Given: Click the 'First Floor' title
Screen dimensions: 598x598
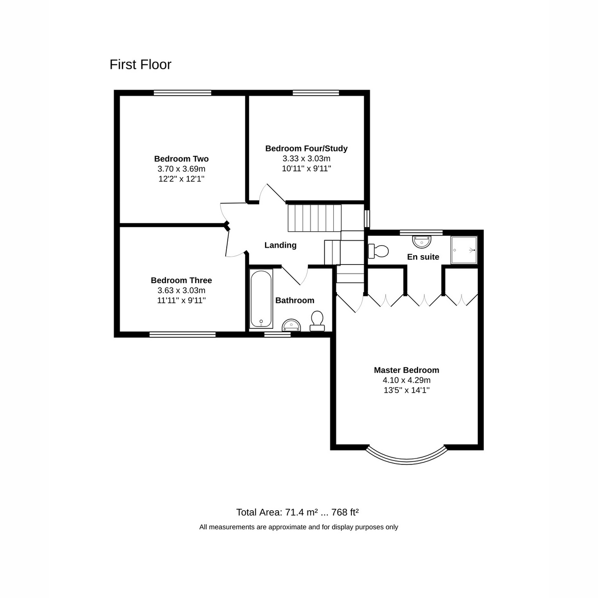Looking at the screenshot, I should point(140,65).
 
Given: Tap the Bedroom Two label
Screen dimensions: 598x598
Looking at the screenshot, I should point(181,159).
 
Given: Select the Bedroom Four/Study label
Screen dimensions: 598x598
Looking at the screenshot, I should point(306,149).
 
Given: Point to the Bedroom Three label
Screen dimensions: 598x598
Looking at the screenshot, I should point(181,281).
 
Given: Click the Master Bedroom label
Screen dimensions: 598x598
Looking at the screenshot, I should point(406,370).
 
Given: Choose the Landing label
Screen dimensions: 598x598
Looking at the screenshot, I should point(280,245).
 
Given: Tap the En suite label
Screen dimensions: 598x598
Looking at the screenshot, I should point(423,257).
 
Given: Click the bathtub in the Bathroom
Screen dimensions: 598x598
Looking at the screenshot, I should point(261,299).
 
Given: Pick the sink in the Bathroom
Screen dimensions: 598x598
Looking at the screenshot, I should point(291,325).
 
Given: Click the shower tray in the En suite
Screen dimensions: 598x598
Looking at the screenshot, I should point(464,250).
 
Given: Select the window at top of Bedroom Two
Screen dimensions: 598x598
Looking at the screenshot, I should point(182,93).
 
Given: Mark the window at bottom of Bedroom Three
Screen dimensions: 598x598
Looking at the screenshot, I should point(182,335).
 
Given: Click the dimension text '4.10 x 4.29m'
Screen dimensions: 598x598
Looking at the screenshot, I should point(406,380).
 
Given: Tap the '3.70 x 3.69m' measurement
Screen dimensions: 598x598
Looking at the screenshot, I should point(181,169).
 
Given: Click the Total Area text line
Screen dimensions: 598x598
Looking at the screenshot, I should point(298,512).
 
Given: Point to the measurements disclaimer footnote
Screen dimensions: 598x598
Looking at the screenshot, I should point(299,527).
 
